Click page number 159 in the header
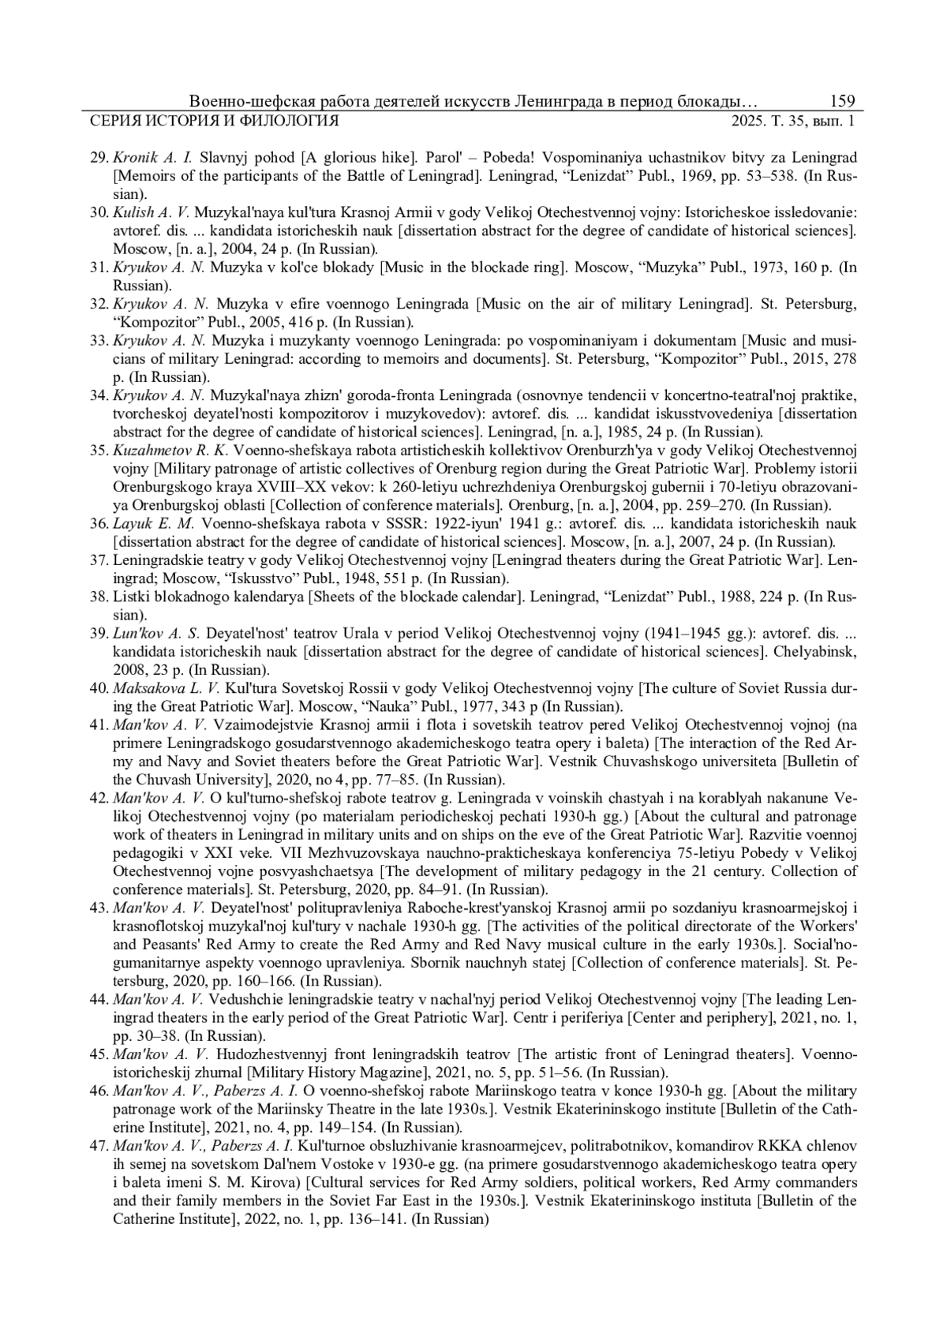click(842, 102)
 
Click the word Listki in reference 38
click(132, 597)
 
